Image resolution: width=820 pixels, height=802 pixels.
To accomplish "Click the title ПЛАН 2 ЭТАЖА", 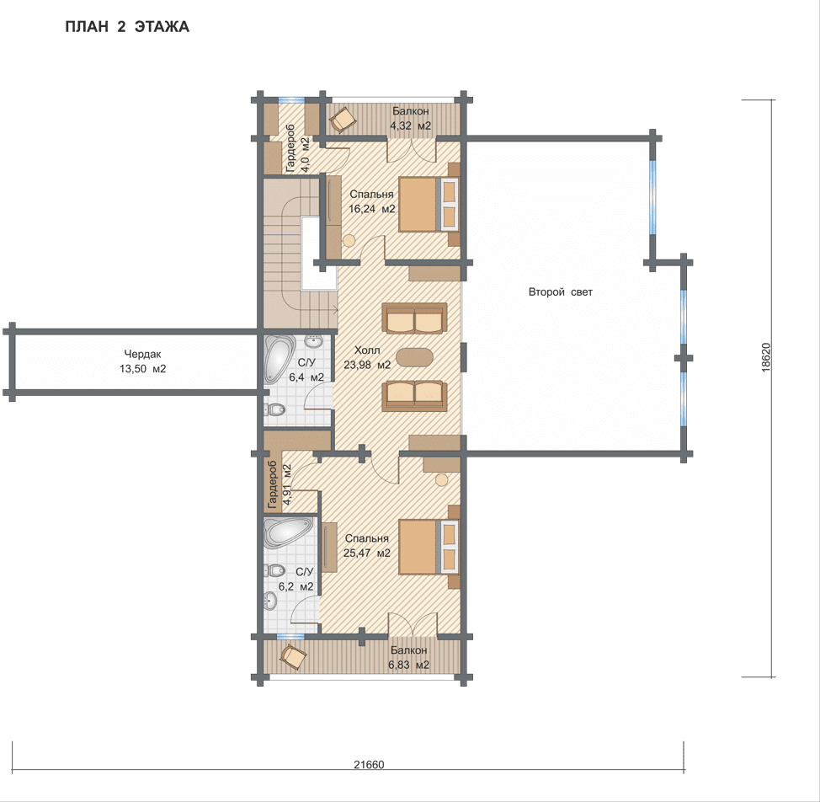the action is [127, 27].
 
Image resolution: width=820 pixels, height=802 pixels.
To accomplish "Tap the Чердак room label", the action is [143, 354].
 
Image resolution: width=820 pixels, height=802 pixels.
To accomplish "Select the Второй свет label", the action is [561, 292].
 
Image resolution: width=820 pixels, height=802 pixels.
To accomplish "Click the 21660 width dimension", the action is [369, 764].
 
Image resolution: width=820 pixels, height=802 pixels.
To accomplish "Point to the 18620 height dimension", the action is [766, 357].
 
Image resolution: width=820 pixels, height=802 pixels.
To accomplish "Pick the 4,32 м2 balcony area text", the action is [411, 126].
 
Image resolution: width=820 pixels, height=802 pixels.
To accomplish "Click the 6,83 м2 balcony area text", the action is [409, 665].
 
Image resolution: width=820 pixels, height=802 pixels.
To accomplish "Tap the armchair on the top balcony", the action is [343, 120].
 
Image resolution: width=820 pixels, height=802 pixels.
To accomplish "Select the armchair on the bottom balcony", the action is [293, 656].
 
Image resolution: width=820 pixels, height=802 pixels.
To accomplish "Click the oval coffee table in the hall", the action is [415, 358].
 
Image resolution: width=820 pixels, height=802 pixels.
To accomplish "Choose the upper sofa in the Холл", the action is [415, 318].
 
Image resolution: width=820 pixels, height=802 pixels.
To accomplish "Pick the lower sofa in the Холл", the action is [415, 395].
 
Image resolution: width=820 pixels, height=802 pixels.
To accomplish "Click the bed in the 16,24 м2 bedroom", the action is [429, 204].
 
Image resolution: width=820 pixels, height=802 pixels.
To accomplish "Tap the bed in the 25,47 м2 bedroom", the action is [429, 547].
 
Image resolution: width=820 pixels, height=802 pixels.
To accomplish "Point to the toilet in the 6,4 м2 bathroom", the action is [274, 409].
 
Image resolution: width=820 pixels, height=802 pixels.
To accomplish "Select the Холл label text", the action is [367, 350].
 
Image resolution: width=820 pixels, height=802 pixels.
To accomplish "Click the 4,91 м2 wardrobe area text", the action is [286, 484].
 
